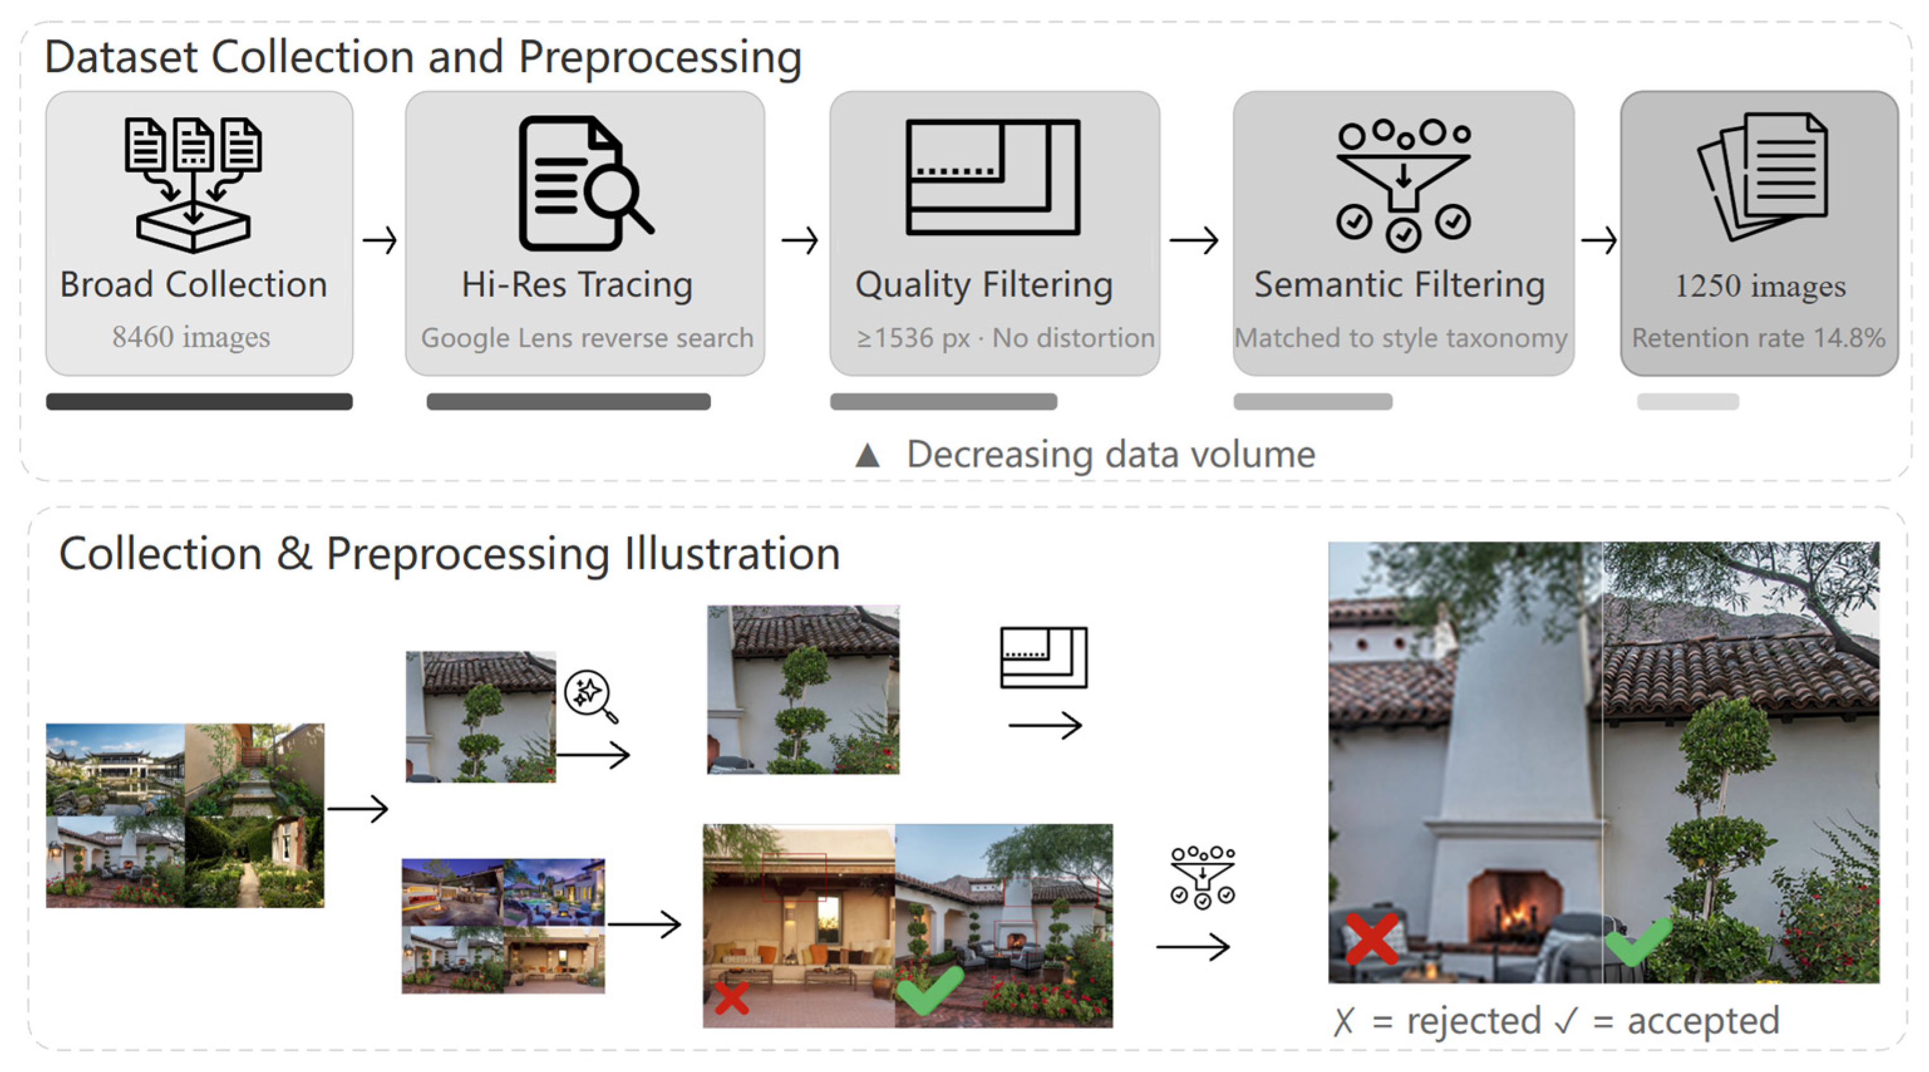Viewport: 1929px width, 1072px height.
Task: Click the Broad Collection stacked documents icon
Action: (193, 185)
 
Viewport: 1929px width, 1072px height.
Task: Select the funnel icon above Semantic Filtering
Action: (1403, 185)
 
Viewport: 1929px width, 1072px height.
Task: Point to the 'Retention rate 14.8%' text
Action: (1758, 338)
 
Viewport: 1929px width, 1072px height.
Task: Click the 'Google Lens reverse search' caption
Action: (587, 338)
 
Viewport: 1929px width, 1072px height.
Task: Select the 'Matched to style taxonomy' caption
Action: (1400, 338)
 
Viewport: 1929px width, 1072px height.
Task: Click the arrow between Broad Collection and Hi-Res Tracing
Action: (380, 241)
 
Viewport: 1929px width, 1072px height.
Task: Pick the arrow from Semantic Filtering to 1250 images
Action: (1599, 241)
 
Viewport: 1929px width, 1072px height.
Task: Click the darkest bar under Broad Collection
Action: (199, 402)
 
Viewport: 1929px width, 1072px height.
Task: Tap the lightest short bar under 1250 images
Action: (1688, 402)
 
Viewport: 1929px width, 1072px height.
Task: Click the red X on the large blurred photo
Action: (1372, 938)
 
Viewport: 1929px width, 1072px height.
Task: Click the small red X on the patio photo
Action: (731, 998)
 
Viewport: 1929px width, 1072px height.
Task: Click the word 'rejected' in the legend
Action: (1474, 1021)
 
